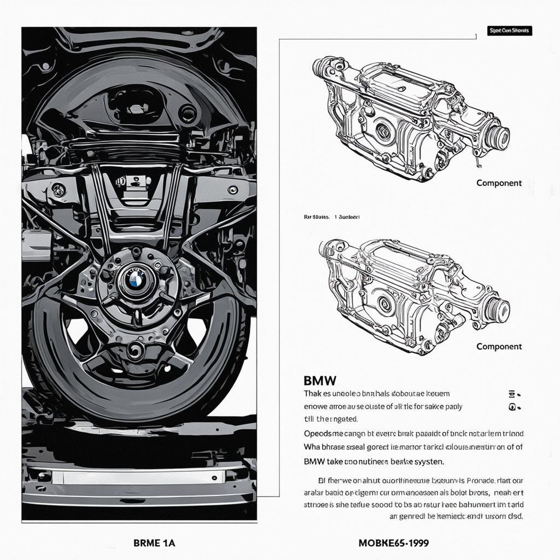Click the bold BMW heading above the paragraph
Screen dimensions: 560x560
(319, 380)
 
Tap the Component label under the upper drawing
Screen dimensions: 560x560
(499, 183)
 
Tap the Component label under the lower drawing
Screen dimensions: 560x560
(499, 346)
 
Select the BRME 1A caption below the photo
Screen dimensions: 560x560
(154, 543)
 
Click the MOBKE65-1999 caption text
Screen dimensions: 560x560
(393, 543)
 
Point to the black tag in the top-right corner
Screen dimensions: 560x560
(509, 31)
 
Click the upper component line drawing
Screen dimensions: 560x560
(410, 118)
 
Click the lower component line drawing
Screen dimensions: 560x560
(413, 295)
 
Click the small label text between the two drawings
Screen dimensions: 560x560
(331, 217)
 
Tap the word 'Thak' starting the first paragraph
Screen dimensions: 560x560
(313, 393)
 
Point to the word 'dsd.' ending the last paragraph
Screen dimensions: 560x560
(514, 516)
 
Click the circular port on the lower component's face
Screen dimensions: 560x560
(384, 304)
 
